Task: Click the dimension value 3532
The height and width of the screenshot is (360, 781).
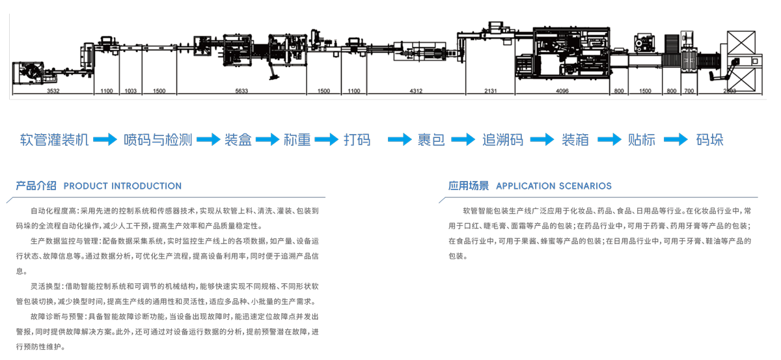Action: [x=53, y=91]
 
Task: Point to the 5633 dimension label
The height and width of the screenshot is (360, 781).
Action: [x=241, y=91]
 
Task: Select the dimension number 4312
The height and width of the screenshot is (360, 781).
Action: [x=416, y=91]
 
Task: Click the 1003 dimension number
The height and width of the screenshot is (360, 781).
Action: [x=130, y=91]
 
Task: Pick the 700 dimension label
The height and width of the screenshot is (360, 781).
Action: [x=689, y=91]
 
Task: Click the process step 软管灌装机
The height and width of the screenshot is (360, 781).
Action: [x=54, y=139]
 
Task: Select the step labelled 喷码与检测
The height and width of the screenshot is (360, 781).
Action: [x=158, y=139]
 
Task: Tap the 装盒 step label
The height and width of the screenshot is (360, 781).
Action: [x=238, y=139]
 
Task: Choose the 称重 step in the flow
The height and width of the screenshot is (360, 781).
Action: [x=297, y=139]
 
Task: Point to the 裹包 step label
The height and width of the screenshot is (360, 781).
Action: [x=431, y=139]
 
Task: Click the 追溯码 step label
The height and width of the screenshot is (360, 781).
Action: [x=502, y=139]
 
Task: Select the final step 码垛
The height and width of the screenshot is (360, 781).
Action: [x=709, y=139]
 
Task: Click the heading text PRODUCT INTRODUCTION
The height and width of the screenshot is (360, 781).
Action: [x=122, y=186]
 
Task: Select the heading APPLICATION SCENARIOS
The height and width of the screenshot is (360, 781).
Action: [x=554, y=186]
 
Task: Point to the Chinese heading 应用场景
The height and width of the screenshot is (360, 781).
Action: [x=468, y=186]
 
